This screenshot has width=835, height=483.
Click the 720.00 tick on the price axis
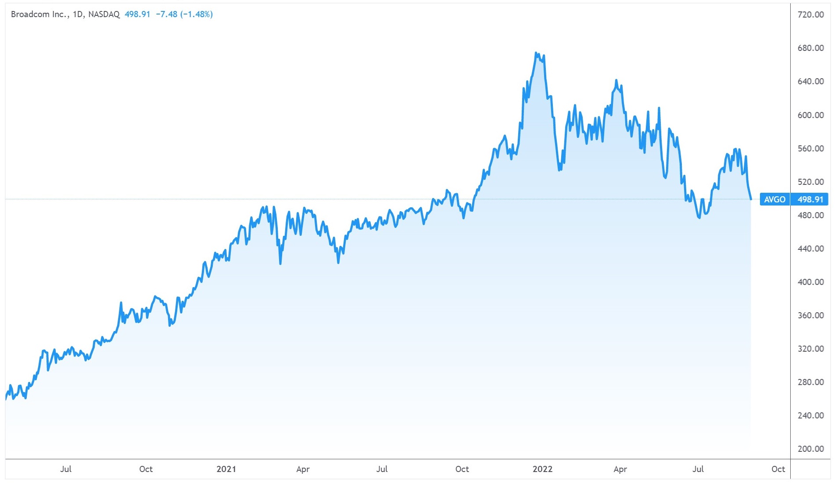[810, 14]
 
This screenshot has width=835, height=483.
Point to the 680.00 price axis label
[810, 48]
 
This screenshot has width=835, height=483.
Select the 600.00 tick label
[810, 115]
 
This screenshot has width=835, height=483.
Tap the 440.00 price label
[810, 249]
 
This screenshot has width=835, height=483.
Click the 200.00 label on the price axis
[810, 449]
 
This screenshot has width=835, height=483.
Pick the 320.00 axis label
[810, 349]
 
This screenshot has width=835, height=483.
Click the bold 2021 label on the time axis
[226, 469]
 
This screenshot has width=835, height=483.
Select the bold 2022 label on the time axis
[542, 469]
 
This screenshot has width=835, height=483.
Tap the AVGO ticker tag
[774, 199]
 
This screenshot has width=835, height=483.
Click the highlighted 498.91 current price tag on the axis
[810, 199]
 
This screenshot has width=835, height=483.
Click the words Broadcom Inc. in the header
[39, 14]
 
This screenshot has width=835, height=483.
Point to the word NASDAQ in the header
[104, 14]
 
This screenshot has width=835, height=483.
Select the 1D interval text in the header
[78, 14]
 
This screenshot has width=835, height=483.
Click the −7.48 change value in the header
[167, 14]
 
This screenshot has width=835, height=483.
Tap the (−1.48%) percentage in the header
[197, 14]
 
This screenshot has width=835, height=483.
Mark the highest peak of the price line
[536, 53]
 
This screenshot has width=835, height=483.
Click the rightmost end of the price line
[751, 199]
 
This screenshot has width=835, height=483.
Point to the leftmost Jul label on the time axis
[66, 469]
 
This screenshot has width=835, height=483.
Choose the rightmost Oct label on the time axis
[778, 469]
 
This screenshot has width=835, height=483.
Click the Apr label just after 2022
[620, 469]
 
